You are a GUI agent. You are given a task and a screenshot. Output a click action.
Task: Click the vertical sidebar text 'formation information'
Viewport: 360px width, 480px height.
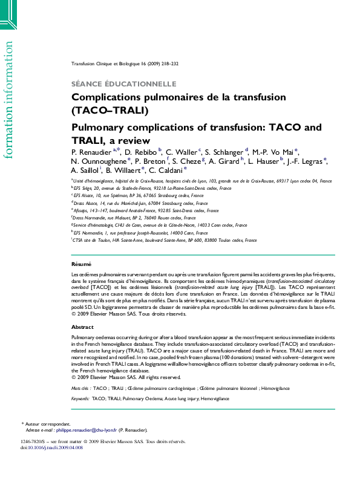click(8, 100)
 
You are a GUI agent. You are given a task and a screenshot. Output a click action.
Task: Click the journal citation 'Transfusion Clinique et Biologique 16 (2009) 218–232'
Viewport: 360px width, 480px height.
click(125, 63)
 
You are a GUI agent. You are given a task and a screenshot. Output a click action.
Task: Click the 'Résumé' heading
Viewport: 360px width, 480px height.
click(81, 264)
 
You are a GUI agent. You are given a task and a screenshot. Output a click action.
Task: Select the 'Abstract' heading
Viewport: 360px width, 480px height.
click(83, 326)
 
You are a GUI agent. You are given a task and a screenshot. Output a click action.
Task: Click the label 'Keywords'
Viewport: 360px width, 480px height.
click(80, 399)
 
